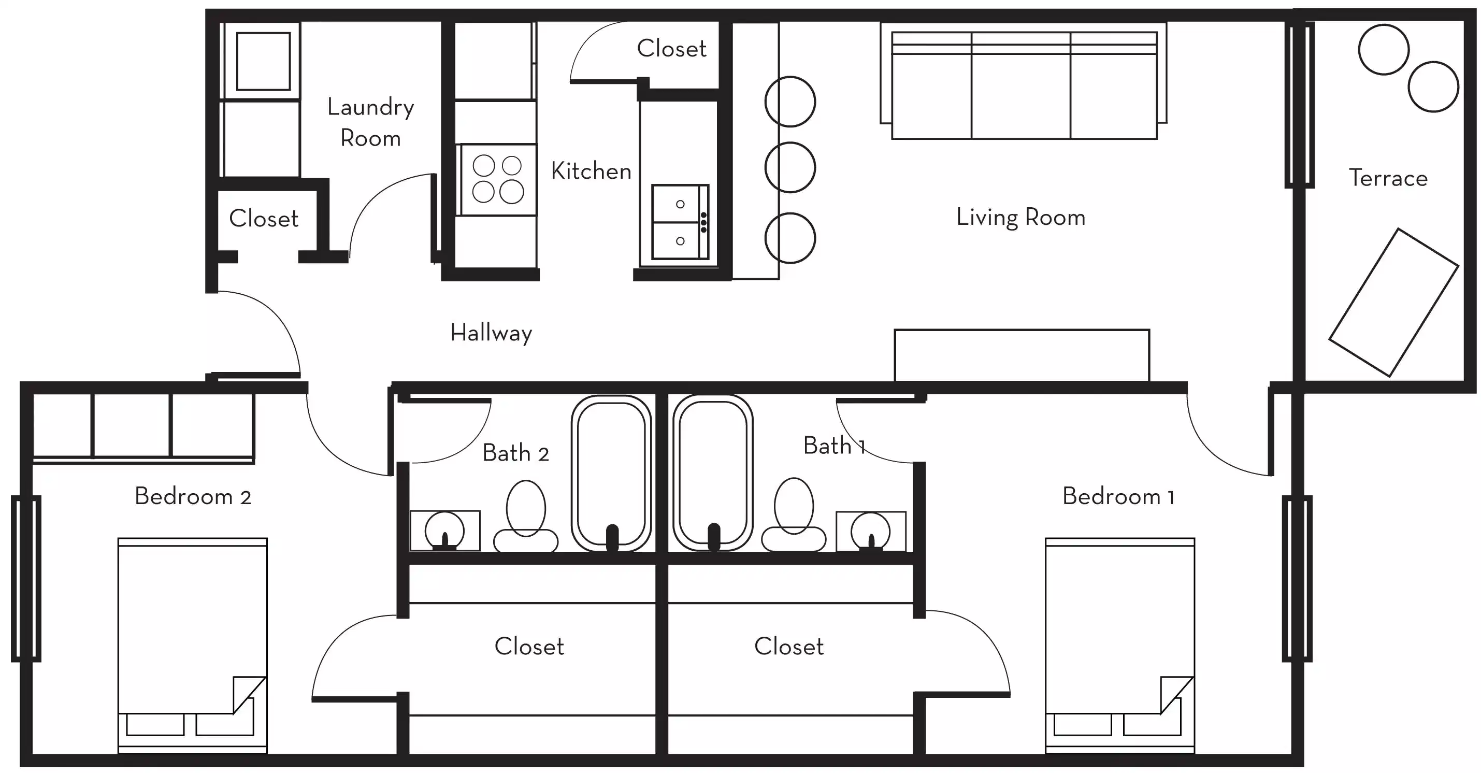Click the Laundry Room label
click(x=370, y=122)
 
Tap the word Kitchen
click(x=591, y=171)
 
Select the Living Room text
click(x=1020, y=218)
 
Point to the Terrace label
click(x=1388, y=178)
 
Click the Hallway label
click(x=491, y=333)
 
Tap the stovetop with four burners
click(x=498, y=179)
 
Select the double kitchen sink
click(x=680, y=222)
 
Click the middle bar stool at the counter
click(x=790, y=167)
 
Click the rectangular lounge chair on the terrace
click(x=1393, y=303)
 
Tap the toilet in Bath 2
click(x=525, y=518)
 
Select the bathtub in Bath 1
click(x=713, y=473)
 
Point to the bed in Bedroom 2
click(x=193, y=644)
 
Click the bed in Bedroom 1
click(x=1119, y=644)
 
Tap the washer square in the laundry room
click(x=263, y=61)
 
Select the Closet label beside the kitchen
click(x=671, y=49)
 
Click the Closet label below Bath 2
click(x=529, y=647)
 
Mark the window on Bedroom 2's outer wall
click(x=26, y=578)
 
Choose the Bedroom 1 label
click(x=1118, y=497)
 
